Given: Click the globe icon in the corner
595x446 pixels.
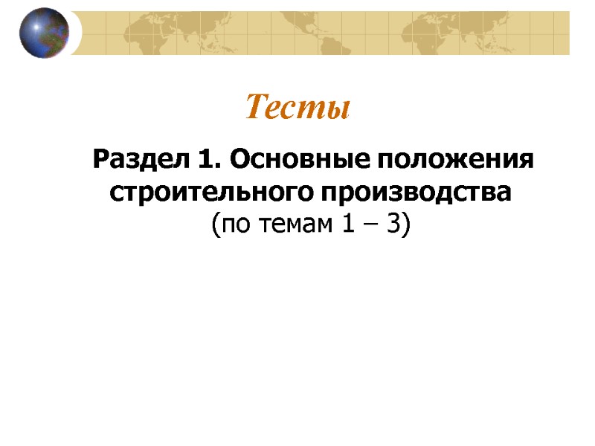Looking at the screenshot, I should [44, 33].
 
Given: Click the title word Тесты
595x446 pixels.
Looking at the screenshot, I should [297, 109].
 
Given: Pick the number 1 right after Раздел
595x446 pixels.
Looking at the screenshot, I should [204, 160].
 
